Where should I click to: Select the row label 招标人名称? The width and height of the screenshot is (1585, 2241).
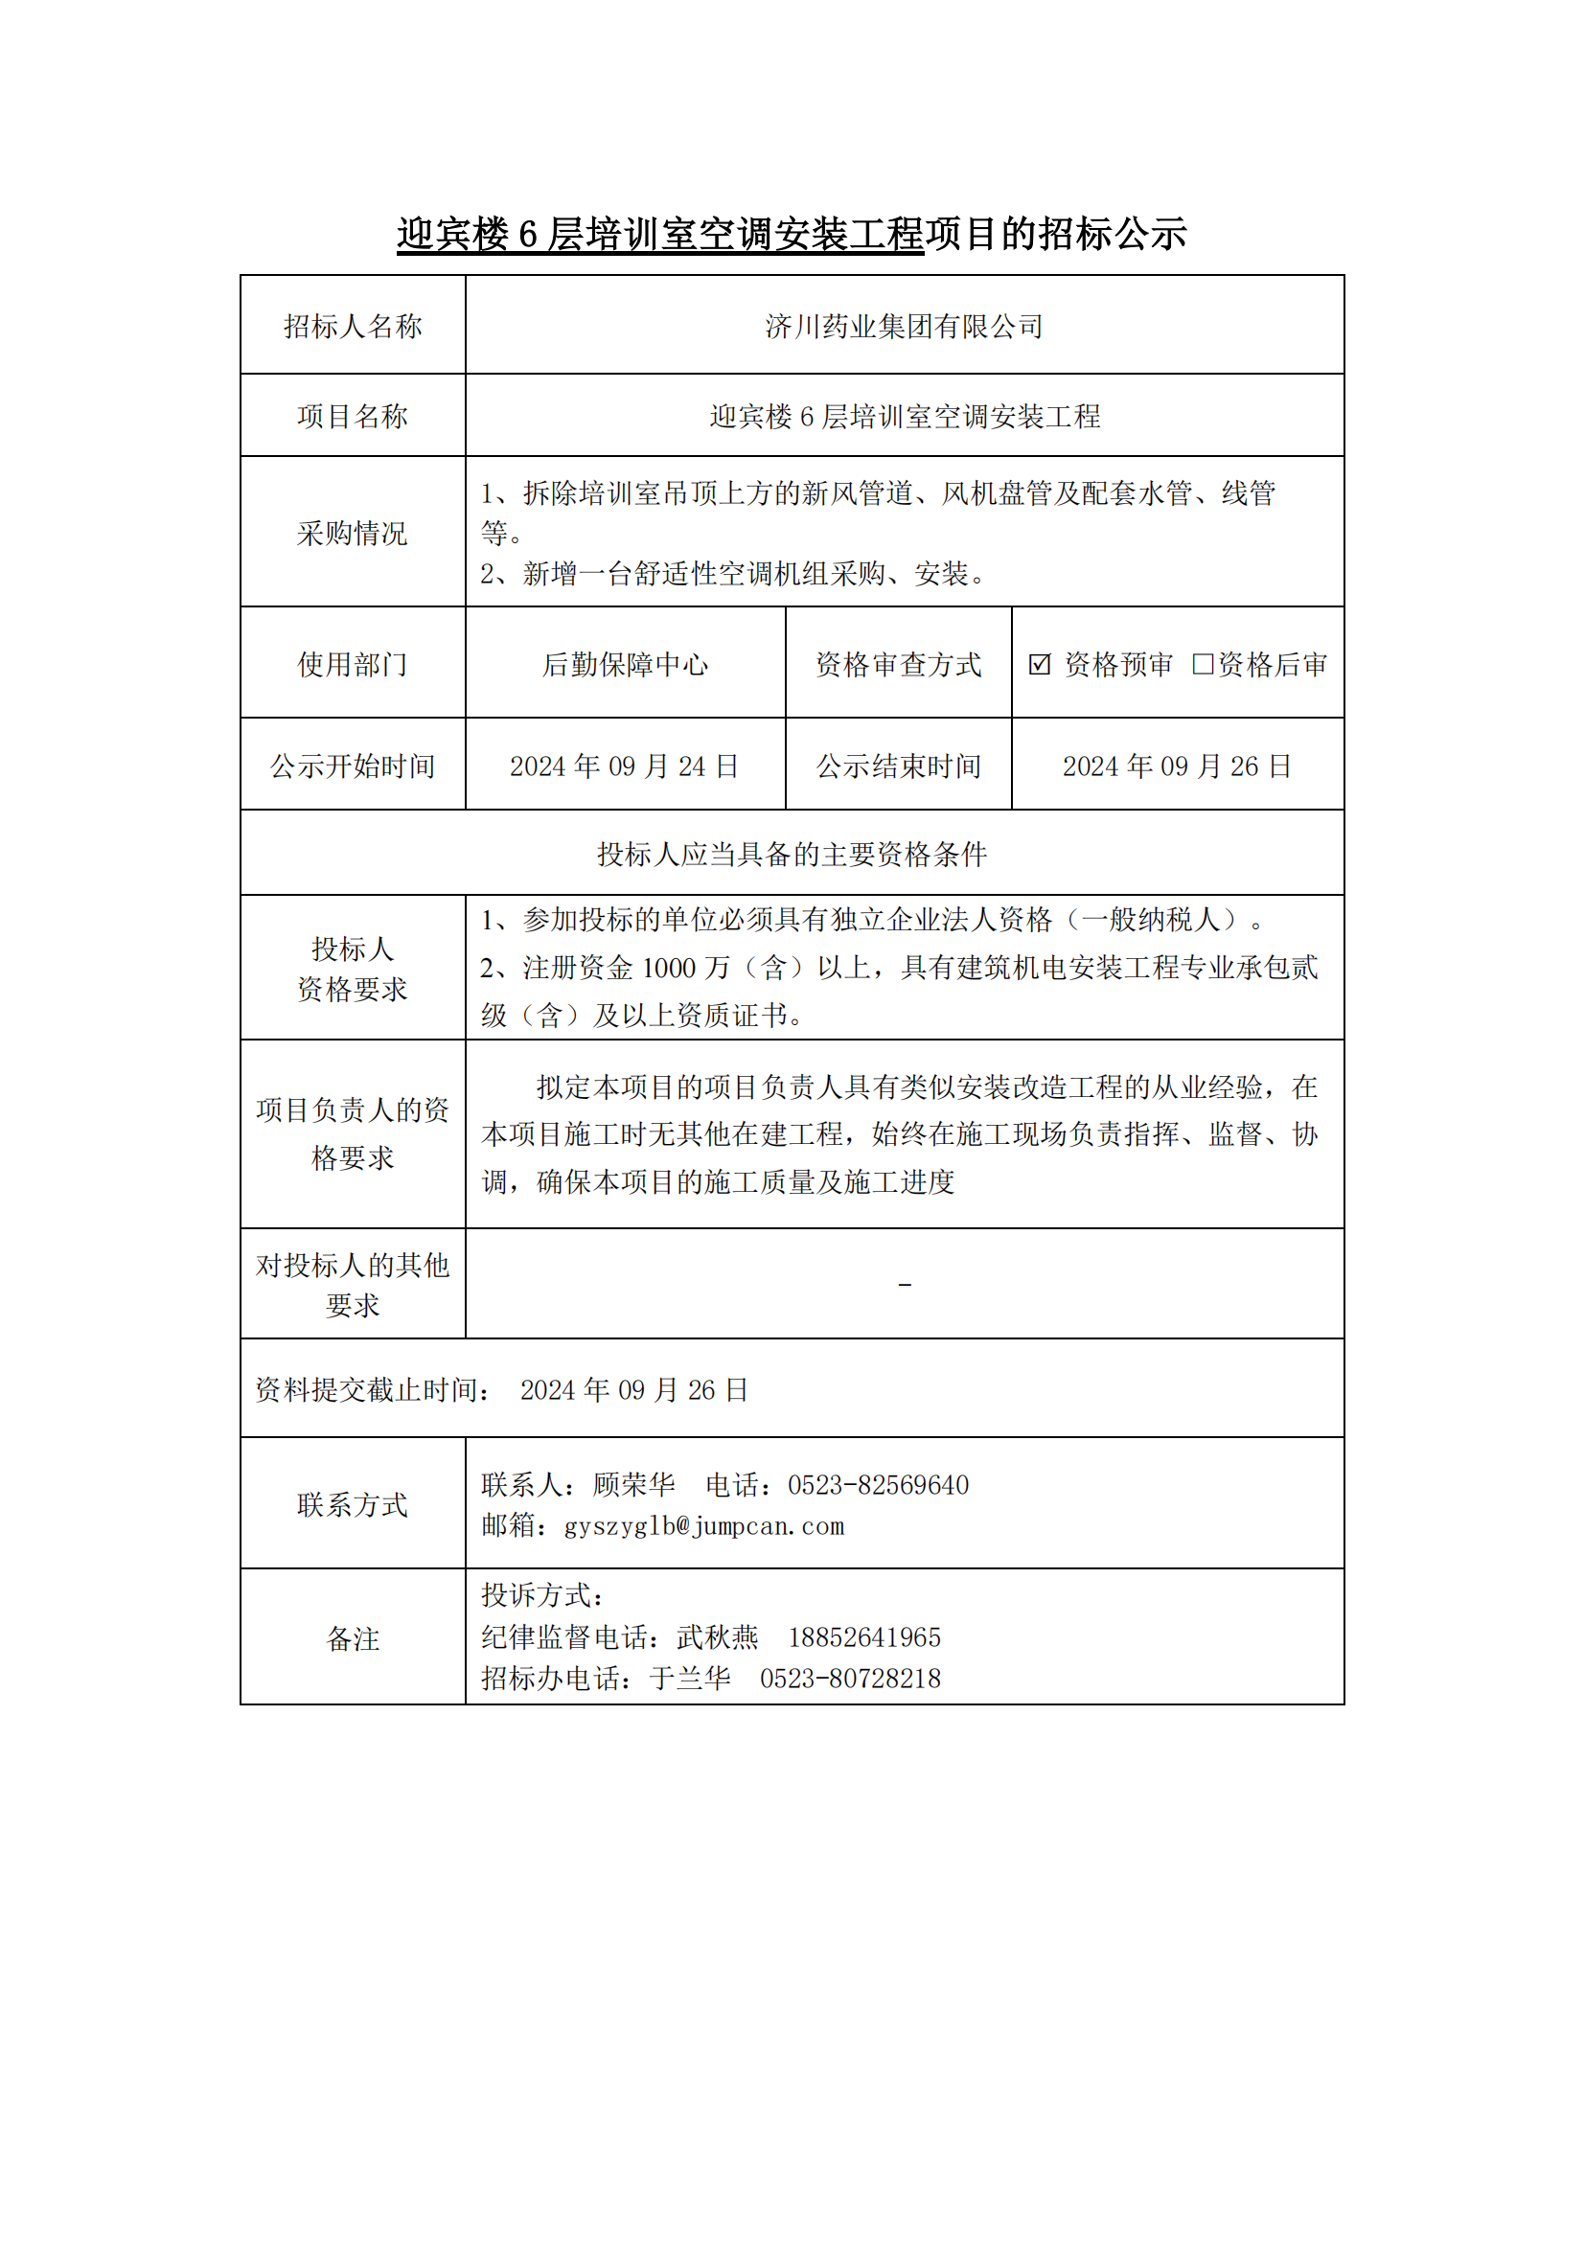[353, 326]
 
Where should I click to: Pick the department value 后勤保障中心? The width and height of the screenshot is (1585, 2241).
[625, 665]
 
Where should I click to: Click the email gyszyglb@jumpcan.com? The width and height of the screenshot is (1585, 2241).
[703, 1525]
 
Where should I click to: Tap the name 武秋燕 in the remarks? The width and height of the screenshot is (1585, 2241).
[718, 1636]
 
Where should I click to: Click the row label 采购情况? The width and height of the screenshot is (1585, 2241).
[353, 533]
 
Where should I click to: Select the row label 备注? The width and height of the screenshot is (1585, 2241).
[353, 1638]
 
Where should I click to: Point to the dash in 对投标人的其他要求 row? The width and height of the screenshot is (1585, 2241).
[905, 1286]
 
